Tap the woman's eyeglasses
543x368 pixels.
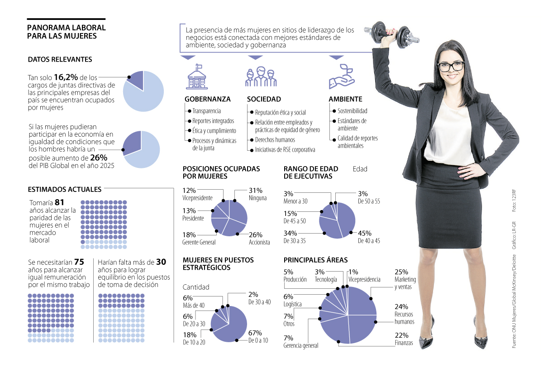click(450, 67)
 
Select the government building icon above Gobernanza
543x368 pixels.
click(197, 76)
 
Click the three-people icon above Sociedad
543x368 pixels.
click(260, 76)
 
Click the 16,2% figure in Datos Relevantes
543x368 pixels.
click(63, 77)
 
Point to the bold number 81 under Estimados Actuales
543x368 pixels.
click(59, 202)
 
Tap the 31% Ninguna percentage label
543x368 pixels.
click(255, 191)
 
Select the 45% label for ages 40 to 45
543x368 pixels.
click(365, 233)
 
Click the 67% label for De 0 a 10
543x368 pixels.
click(255, 334)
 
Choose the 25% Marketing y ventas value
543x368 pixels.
click(401, 272)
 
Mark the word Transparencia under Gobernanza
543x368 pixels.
click(206, 111)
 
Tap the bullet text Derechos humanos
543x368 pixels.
click(275, 140)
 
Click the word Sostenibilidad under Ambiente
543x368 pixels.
click(352, 111)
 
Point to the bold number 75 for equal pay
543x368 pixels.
click(79, 262)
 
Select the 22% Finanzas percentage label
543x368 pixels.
click(401, 335)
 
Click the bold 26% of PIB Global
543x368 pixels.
click(99, 158)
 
